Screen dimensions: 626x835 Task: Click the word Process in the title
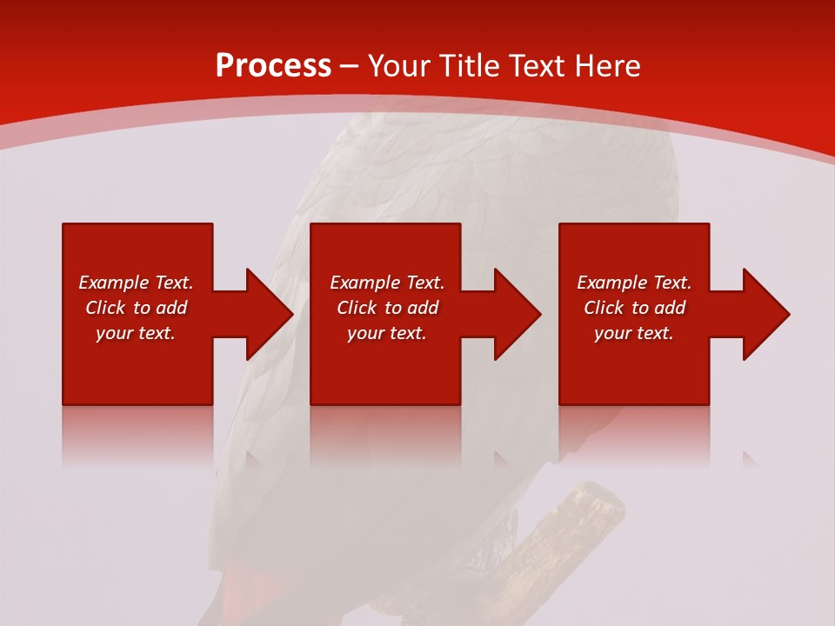273,66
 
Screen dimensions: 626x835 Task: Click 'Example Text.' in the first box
136,283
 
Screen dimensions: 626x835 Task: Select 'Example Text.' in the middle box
387,283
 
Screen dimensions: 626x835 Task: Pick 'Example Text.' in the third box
634,283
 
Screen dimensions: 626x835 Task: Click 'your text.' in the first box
136,333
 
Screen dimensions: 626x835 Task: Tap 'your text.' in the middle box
387,333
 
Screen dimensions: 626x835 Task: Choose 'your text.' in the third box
634,333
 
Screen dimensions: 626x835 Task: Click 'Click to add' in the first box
136,308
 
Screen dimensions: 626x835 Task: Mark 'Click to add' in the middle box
387,308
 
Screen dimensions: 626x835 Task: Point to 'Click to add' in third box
634,308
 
